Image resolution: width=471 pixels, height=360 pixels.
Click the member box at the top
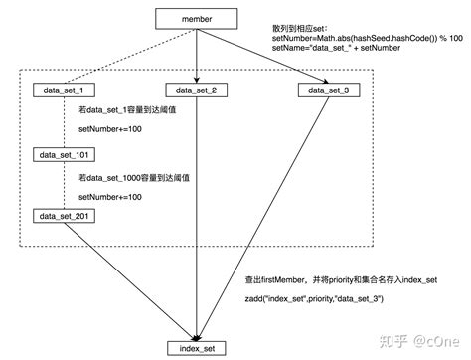click(x=198, y=18)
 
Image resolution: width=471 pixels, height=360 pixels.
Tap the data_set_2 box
click(x=198, y=91)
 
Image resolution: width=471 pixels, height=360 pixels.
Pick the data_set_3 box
click(x=329, y=91)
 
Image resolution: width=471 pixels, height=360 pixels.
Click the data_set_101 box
click(x=65, y=156)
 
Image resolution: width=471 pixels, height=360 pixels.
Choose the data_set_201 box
click(x=65, y=216)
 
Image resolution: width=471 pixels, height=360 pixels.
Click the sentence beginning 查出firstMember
click(x=339, y=278)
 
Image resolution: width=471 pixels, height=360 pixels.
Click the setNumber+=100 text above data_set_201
click(x=110, y=197)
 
